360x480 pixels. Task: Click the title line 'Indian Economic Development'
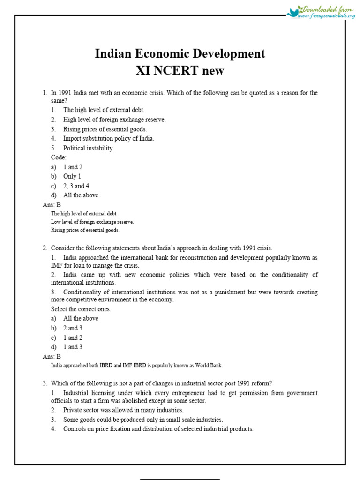click(x=180, y=54)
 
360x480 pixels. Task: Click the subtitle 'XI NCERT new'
click(x=180, y=71)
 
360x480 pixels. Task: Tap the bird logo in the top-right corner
click(x=295, y=12)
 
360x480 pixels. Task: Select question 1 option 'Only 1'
click(x=72, y=176)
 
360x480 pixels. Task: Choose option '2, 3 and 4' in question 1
click(x=76, y=186)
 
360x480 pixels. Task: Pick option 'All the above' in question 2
click(x=81, y=318)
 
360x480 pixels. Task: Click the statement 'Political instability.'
click(x=89, y=148)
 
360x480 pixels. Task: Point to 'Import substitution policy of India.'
click(x=108, y=138)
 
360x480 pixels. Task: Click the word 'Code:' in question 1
click(x=59, y=157)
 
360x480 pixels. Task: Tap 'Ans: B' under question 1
click(x=52, y=205)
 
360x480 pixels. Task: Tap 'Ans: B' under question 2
click(x=52, y=356)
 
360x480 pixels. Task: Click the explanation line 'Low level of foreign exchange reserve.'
click(x=92, y=222)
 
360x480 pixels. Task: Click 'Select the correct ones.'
click(x=81, y=309)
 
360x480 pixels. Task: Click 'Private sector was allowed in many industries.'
click(x=123, y=410)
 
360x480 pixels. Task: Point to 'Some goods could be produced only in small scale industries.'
click(x=143, y=420)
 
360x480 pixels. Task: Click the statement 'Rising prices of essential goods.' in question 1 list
click(x=105, y=129)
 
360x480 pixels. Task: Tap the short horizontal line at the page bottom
click(x=180, y=479)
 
